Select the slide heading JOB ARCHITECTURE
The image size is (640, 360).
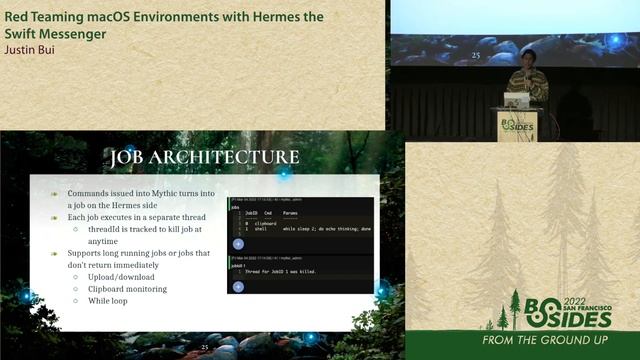pyautogui.click(x=204, y=157)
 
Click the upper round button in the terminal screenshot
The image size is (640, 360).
pyautogui.click(x=238, y=243)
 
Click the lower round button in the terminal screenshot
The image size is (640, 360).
pyautogui.click(x=238, y=286)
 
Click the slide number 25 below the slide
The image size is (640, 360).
pyautogui.click(x=205, y=347)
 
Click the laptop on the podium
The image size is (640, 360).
pyautogui.click(x=517, y=99)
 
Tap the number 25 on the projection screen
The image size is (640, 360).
pyautogui.click(x=476, y=56)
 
